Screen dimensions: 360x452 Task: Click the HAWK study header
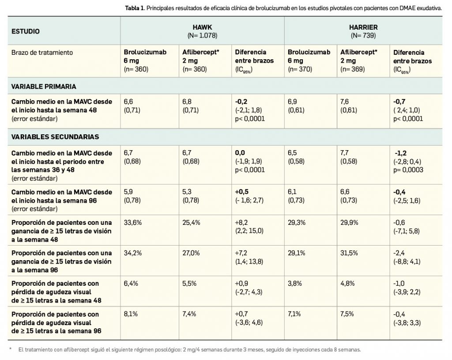(202, 27)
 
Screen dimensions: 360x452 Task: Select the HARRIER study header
(363, 27)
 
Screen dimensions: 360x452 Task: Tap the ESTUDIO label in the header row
(25, 31)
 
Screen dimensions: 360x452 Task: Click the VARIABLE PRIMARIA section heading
(44, 86)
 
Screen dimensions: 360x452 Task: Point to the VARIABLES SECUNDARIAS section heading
(55, 137)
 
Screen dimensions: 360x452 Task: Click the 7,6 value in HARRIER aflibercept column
(346, 102)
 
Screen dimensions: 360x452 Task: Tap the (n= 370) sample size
(300, 69)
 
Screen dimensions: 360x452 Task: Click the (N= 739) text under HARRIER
(363, 35)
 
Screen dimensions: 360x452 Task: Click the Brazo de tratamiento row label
(42, 53)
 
